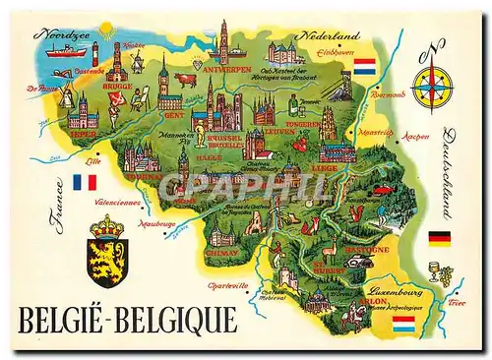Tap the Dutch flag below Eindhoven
tap(364, 67)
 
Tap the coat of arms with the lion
tap(106, 251)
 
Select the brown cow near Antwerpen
tap(186, 78)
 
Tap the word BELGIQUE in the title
tap(179, 322)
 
